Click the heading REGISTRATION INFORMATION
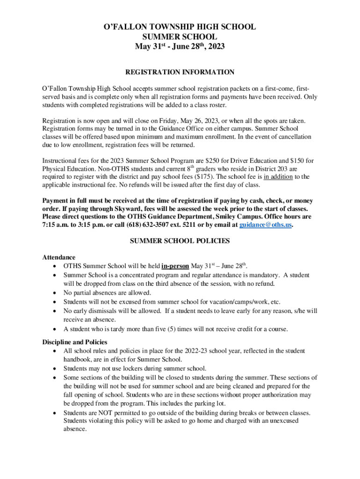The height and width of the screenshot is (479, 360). coord(180,72)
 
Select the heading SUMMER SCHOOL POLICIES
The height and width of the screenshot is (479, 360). coord(180,241)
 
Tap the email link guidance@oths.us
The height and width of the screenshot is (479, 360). coord(266,225)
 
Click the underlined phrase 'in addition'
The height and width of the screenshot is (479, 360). coord(278,177)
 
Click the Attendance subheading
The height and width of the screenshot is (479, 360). coord(58,258)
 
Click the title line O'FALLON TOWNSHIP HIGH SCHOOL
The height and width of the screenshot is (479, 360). coord(180,27)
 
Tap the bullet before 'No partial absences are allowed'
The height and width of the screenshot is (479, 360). coord(56,293)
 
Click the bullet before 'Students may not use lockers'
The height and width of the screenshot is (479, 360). coord(56,369)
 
